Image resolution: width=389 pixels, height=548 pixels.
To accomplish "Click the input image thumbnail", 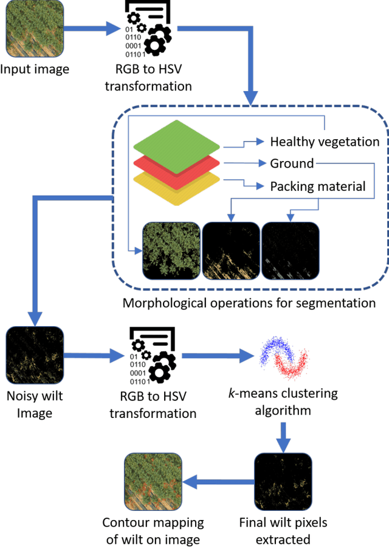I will [x=34, y=29].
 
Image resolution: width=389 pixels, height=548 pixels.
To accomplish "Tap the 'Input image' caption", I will [x=35, y=69].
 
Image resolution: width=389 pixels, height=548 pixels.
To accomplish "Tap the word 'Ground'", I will [x=292, y=163].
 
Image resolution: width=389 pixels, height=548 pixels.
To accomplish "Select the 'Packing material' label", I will [x=318, y=186].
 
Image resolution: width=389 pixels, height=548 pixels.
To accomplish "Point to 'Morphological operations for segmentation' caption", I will [x=249, y=303].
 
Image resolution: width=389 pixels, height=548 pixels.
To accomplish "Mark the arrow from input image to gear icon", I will [x=91, y=29].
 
